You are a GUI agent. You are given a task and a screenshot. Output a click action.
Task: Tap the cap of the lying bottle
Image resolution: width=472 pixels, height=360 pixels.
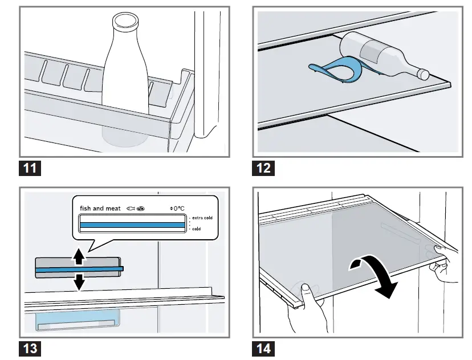pyautogui.click(x=422, y=73)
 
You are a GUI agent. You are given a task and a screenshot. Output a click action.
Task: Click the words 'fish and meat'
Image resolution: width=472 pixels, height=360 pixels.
pyautogui.click(x=100, y=208)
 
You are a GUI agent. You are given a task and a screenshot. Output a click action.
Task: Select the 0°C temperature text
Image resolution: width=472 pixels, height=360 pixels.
pyautogui.click(x=178, y=208)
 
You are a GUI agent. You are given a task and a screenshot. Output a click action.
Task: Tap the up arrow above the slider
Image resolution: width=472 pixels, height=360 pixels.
pyautogui.click(x=79, y=258)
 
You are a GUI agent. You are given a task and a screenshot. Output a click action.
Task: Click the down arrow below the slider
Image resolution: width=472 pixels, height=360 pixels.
pyautogui.click(x=79, y=281)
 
